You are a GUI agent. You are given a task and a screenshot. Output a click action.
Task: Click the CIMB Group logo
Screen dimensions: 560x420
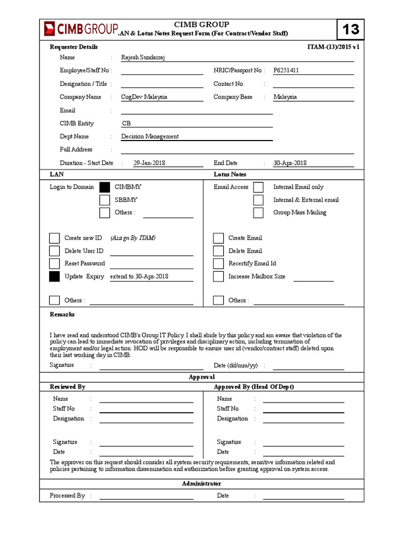pos(80,29)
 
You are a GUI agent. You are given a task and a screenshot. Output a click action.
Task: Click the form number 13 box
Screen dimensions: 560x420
pos(349,30)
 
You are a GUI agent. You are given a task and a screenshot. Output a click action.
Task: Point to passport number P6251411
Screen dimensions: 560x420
pos(286,71)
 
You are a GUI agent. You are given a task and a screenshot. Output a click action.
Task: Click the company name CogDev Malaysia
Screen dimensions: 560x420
pos(144,97)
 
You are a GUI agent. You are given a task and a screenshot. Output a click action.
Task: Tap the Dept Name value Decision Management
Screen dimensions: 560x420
pos(150,137)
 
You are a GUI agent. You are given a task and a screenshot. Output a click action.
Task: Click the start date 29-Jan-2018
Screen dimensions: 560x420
pos(149,163)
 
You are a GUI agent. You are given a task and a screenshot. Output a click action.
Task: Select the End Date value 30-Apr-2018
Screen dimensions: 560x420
pos(290,163)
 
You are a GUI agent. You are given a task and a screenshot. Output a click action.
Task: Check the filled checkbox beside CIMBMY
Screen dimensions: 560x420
pos(104,188)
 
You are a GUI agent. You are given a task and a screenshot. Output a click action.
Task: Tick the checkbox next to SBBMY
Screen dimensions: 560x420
pos(104,200)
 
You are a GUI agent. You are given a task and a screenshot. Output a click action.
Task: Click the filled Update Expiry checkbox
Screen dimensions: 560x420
pos(54,277)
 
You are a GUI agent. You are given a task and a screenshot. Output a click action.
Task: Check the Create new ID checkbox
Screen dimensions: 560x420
pos(54,238)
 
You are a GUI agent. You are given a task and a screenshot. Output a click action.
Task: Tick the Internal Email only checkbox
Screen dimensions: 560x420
pos(258,188)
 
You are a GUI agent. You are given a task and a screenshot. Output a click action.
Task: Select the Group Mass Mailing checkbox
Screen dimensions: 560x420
pos(258,213)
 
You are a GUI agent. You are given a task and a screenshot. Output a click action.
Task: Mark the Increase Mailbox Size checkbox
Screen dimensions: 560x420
pos(218,277)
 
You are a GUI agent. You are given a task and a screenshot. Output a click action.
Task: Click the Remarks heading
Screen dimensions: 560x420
pos(62,314)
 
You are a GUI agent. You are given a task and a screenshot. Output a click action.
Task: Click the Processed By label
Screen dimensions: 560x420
pos(67,495)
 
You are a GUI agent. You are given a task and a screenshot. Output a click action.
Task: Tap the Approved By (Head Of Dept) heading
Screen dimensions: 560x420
pos(254,387)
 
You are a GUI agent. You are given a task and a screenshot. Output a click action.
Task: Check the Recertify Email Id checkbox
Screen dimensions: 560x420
pos(218,264)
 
